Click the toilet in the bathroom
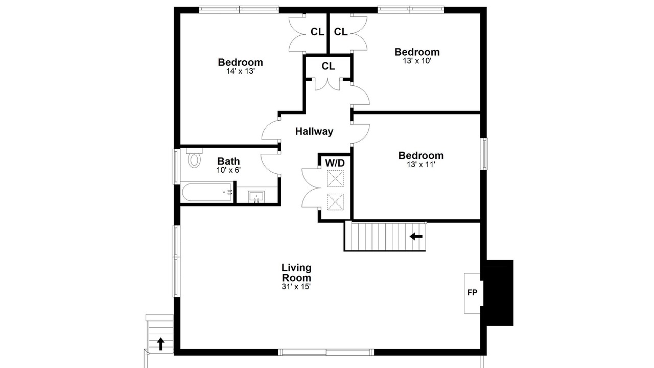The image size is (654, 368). pos(194,158)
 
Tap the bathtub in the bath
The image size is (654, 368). pos(207,192)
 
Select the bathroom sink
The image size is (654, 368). pos(256,197)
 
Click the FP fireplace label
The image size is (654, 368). pos(473,292)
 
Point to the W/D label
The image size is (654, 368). pos(335,163)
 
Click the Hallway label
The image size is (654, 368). pos(314,131)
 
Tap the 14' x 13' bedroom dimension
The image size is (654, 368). pos(241,71)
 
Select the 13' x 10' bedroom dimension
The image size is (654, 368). pos(417,61)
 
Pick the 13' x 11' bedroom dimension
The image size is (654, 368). pos(421,165)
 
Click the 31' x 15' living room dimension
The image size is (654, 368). pos(296,287)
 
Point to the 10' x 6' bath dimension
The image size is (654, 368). pos(228,170)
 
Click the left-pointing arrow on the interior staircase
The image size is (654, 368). pos(416,236)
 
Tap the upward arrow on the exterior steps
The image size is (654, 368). pos(160,344)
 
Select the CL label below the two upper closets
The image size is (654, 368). pos(328,66)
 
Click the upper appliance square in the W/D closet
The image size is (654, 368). pos(335,178)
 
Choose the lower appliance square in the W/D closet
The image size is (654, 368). pos(335,201)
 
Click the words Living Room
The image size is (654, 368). pos(296,272)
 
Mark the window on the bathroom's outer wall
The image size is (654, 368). pos(176,167)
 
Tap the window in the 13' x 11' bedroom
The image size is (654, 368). pos(484,154)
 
